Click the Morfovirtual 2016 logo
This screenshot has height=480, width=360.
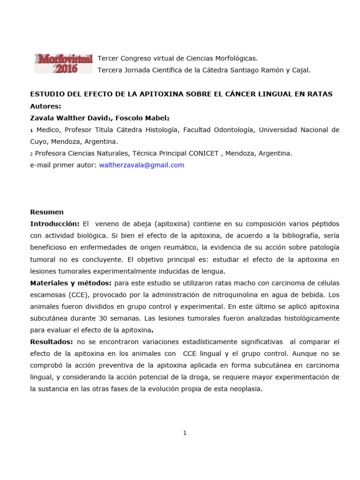coord(63,63)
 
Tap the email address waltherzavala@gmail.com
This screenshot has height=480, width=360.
coord(142,165)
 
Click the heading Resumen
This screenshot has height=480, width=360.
coord(47,212)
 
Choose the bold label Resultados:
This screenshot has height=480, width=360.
coord(51,342)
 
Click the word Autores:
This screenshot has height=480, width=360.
coord(45,106)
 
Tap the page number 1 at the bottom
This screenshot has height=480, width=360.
coord(185,433)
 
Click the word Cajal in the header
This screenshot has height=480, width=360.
coord(299,70)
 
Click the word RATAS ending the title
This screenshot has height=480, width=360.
coord(319,94)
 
